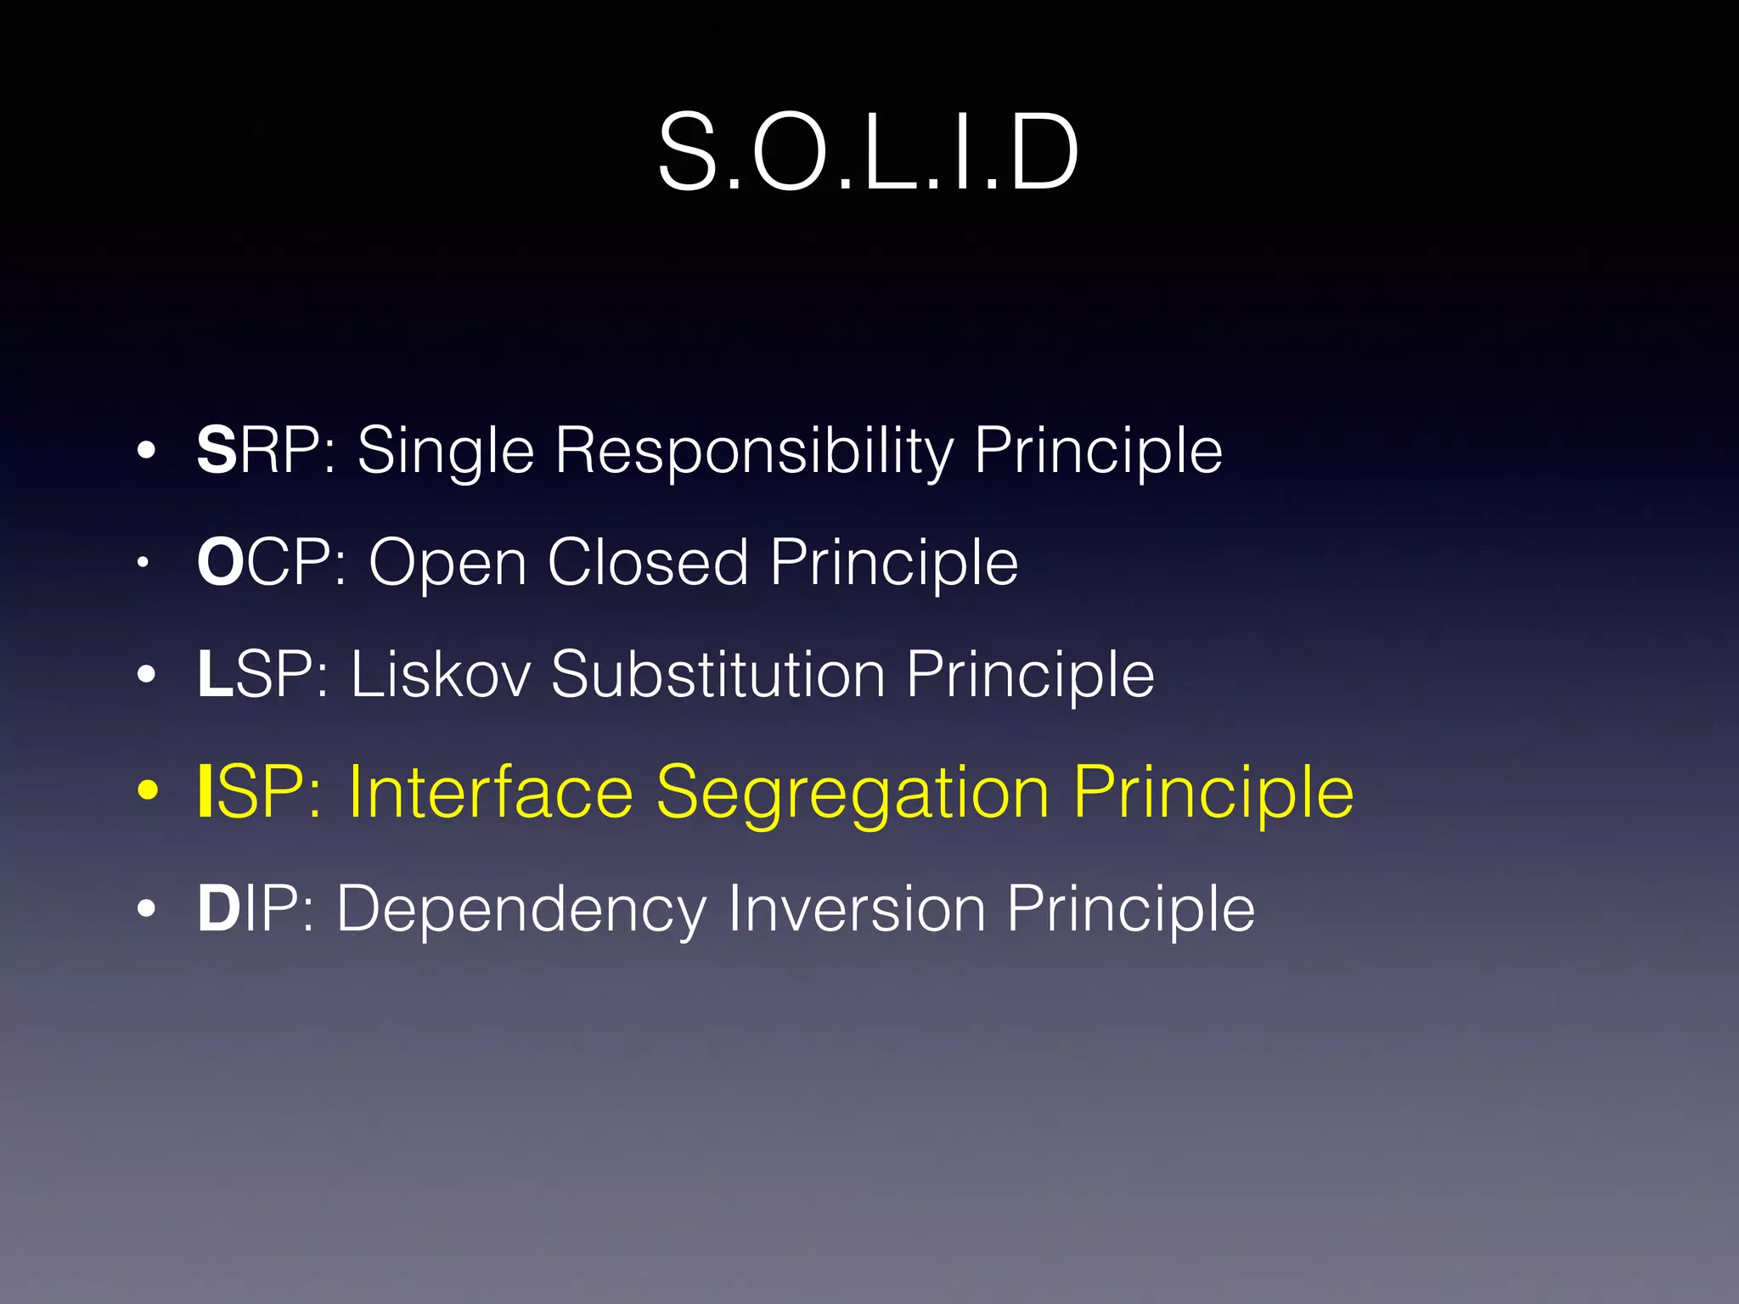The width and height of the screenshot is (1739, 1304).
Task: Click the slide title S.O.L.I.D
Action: coord(868,153)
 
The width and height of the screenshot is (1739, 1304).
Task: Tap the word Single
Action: coord(445,452)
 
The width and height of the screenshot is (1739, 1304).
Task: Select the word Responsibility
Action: coord(754,452)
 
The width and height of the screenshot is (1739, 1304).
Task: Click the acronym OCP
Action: coord(270,562)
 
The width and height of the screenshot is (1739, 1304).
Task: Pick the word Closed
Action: coord(648,562)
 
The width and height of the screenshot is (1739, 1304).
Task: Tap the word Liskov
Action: coord(441,674)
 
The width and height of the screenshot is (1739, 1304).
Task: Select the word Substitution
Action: coord(718,674)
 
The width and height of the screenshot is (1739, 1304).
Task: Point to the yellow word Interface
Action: coord(491,791)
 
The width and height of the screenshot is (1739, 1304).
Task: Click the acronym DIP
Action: coord(255,908)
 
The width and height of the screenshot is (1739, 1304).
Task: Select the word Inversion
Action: coord(856,908)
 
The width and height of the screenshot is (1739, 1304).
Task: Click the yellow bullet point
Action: coord(148,791)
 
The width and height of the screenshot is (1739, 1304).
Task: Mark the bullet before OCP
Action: coord(144,562)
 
